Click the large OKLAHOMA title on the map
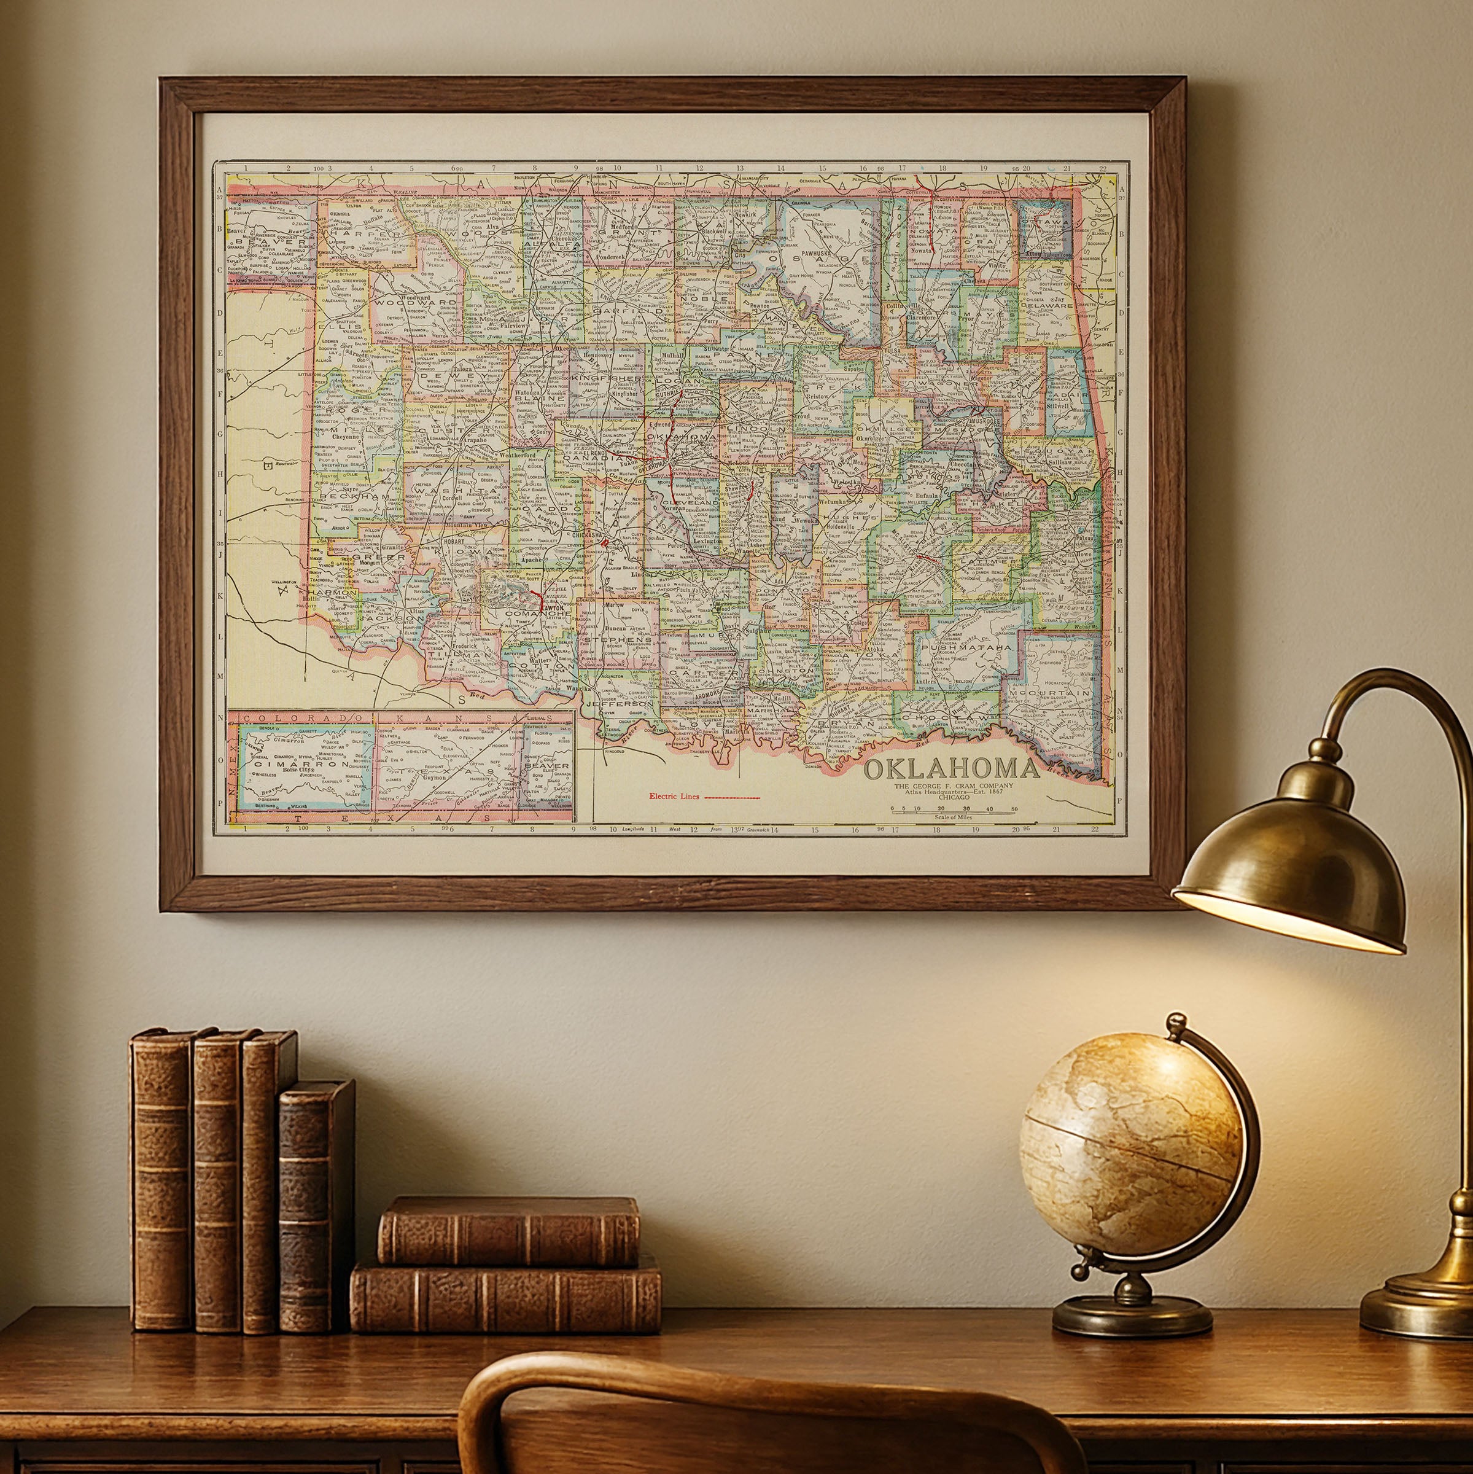point(951,768)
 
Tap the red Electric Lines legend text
point(674,797)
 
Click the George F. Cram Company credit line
point(954,785)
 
